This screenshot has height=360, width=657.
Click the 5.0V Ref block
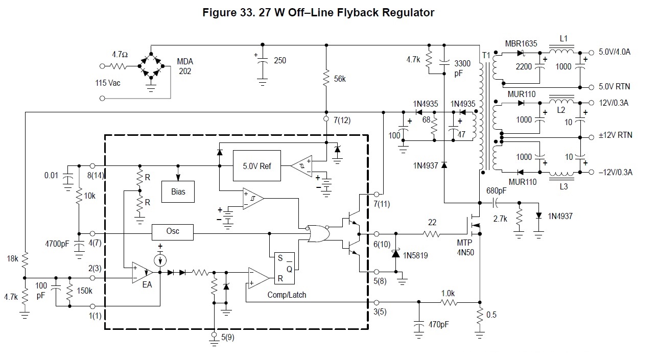pyautogui.click(x=256, y=165)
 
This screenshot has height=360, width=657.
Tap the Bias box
pyautogui.click(x=178, y=191)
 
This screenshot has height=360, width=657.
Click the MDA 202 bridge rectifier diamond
pyautogui.click(x=152, y=66)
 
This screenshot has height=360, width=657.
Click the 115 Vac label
pyautogui.click(x=108, y=83)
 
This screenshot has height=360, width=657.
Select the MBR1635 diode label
pyautogui.click(x=521, y=44)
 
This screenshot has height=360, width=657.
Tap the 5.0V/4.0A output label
pyautogui.click(x=615, y=52)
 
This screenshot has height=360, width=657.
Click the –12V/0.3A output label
pyautogui.click(x=615, y=172)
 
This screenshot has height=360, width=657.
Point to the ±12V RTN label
pyautogui.click(x=615, y=135)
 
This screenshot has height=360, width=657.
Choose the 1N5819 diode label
pyautogui.click(x=415, y=255)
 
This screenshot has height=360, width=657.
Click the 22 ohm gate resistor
pyautogui.click(x=432, y=234)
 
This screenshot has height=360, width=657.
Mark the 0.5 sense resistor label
pyautogui.click(x=491, y=315)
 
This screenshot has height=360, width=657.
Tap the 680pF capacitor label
pyautogui.click(x=497, y=191)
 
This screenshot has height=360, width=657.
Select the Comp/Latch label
pyautogui.click(x=287, y=295)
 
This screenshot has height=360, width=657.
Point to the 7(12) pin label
pyautogui.click(x=342, y=121)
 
